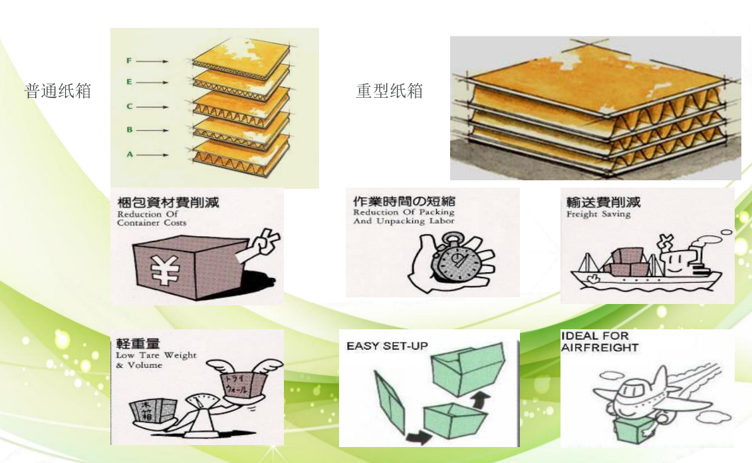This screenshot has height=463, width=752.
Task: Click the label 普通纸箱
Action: [x=57, y=91]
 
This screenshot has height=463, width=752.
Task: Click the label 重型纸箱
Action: [x=389, y=91]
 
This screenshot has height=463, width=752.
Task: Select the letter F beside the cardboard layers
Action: [x=130, y=61]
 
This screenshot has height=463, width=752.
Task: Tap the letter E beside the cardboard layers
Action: [x=130, y=82]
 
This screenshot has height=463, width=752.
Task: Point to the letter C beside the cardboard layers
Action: [x=130, y=106]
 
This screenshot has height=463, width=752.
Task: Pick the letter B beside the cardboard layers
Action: [x=130, y=130]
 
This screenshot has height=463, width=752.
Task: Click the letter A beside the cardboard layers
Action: [x=130, y=154]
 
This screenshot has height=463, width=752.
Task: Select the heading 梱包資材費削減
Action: [x=168, y=202]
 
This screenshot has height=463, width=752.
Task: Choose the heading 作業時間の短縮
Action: [x=404, y=201]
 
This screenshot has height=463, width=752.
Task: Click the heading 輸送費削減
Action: [x=602, y=202]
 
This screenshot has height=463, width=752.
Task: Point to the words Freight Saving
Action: [x=598, y=215]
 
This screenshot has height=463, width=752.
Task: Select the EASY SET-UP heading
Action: [x=387, y=346]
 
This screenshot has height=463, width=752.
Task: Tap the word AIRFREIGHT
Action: [x=599, y=347]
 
